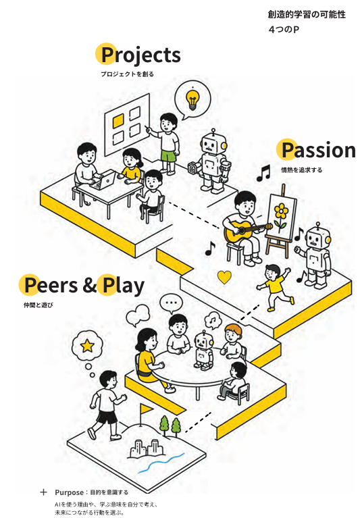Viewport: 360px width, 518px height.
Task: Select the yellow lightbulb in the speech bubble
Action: [x=192, y=99]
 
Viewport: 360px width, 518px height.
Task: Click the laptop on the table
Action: [x=104, y=180]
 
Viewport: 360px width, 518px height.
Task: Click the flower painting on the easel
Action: [x=282, y=215]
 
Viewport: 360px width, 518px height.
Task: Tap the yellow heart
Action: [x=225, y=277]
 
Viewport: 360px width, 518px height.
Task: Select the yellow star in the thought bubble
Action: [x=88, y=346]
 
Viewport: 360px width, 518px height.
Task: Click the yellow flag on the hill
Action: [x=146, y=409]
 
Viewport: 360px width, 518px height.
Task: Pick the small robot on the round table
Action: [x=203, y=351]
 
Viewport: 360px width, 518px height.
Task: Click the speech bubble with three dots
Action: [x=171, y=303]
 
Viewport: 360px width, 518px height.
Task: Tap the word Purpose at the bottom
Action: [x=69, y=492]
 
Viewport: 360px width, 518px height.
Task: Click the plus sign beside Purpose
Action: [x=43, y=492]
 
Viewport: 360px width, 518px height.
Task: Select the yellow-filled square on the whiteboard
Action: [x=118, y=121]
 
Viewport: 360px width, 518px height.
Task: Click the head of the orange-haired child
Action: [x=232, y=333]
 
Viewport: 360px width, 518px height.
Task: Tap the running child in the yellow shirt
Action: [x=275, y=288]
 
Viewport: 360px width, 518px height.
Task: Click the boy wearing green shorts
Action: [x=168, y=143]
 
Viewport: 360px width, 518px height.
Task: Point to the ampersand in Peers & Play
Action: [x=90, y=285]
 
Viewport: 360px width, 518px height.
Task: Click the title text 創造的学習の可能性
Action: [x=307, y=15]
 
